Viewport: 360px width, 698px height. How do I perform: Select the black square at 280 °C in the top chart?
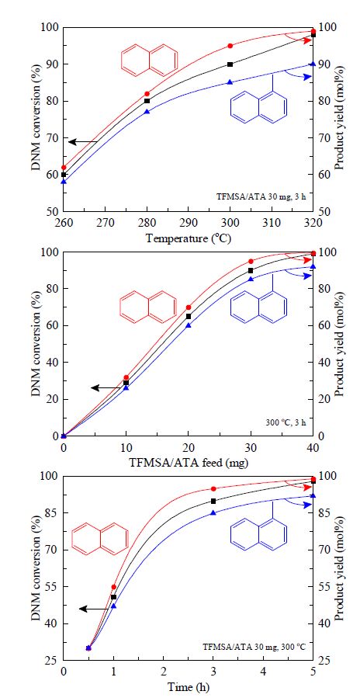coord(147,101)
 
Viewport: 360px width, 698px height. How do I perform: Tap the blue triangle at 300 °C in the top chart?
coord(230,82)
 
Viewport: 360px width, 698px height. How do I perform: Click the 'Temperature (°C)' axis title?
coord(189,238)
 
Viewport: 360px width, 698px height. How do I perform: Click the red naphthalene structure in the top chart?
coord(150,60)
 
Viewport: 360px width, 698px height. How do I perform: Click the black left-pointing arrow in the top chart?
coord(83,142)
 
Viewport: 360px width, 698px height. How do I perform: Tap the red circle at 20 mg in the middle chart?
coord(189,307)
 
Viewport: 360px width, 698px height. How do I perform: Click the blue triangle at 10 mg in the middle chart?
coord(126,388)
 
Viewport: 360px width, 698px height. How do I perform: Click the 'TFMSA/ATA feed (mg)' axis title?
coord(189,462)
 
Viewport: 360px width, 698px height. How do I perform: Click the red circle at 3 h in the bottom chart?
coord(213,489)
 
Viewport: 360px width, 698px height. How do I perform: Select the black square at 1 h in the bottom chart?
coord(113,597)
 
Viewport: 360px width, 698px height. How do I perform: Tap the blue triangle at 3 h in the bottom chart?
coord(213,512)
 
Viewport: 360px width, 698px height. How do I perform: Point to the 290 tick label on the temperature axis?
coord(189,221)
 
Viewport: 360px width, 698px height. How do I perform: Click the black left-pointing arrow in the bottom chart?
coord(95,609)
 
